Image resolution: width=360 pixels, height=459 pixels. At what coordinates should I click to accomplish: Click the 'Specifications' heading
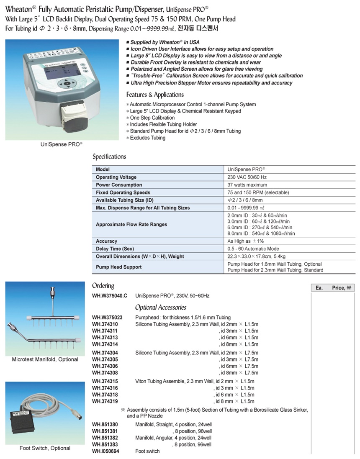[x=109, y=157]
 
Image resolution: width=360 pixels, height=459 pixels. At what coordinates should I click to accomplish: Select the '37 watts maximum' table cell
[x=247, y=185]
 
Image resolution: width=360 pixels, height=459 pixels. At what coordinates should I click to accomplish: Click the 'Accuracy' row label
[x=106, y=241]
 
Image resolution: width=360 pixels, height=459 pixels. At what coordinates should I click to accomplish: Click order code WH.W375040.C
[x=110, y=296]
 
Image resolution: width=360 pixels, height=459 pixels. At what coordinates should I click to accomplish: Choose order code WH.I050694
[x=105, y=451]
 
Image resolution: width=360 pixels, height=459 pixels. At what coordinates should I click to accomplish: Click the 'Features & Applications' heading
[x=155, y=95]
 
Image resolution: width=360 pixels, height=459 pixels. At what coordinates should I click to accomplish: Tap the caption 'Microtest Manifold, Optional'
[x=45, y=359]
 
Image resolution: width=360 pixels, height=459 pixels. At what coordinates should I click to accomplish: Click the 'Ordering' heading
[x=103, y=286]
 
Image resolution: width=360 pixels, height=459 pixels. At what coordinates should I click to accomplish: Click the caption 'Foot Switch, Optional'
[x=45, y=448]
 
